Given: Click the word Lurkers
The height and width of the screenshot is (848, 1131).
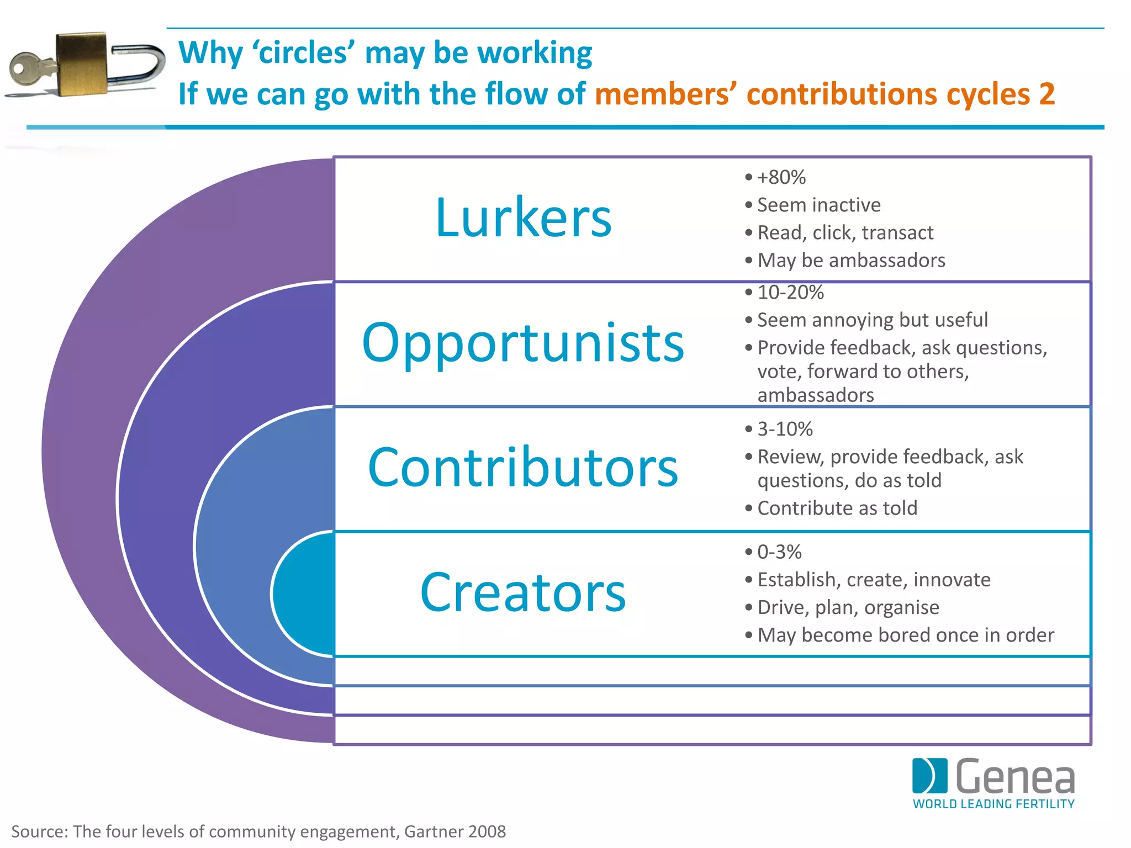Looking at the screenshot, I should [523, 218].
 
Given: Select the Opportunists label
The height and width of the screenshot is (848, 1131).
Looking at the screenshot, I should [523, 343].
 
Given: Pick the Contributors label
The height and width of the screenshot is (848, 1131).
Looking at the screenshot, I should [523, 468].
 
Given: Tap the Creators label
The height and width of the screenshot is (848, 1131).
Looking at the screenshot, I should [523, 592].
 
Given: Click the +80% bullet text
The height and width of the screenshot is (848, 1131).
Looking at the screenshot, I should [781, 177].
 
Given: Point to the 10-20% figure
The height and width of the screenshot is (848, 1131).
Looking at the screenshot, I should [790, 292].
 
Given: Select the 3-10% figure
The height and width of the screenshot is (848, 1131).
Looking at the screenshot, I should [785, 429].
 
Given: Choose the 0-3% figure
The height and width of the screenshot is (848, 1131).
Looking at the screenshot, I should [779, 552].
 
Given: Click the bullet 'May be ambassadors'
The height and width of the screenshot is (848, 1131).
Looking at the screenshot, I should [851, 260].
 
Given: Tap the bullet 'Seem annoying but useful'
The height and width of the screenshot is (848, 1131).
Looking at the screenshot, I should [872, 320].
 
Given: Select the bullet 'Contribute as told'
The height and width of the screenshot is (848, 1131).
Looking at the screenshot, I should [837, 508].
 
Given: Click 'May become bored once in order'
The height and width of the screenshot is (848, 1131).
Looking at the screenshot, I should [906, 635].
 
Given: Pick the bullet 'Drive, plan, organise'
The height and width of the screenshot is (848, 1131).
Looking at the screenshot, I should [848, 607].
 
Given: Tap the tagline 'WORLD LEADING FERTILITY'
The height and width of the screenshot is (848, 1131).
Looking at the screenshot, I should [993, 804].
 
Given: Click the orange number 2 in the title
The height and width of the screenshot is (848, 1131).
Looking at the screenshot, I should [1047, 94].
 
